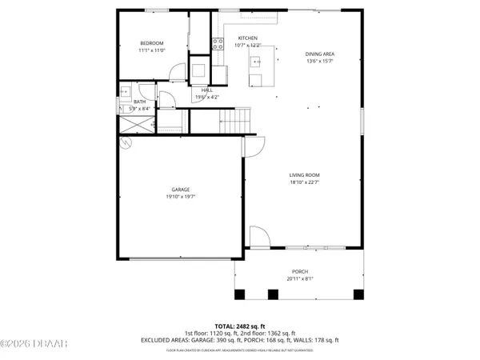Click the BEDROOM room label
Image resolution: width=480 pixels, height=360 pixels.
(151, 43)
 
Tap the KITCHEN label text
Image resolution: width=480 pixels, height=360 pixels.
(247, 38)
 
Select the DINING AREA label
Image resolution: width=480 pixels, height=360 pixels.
(319, 54)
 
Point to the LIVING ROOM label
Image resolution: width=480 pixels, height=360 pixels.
(304, 175)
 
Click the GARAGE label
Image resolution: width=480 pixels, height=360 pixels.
(181, 190)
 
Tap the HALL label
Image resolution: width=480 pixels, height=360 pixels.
(206, 90)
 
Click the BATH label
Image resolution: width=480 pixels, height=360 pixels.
(140, 102)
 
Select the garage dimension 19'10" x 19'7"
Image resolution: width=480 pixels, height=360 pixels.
(181, 196)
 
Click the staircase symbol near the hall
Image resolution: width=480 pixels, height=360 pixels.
(234, 121)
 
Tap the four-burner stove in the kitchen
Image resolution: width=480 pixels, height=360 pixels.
(217, 44)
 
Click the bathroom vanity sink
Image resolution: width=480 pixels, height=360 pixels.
(126, 91)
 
